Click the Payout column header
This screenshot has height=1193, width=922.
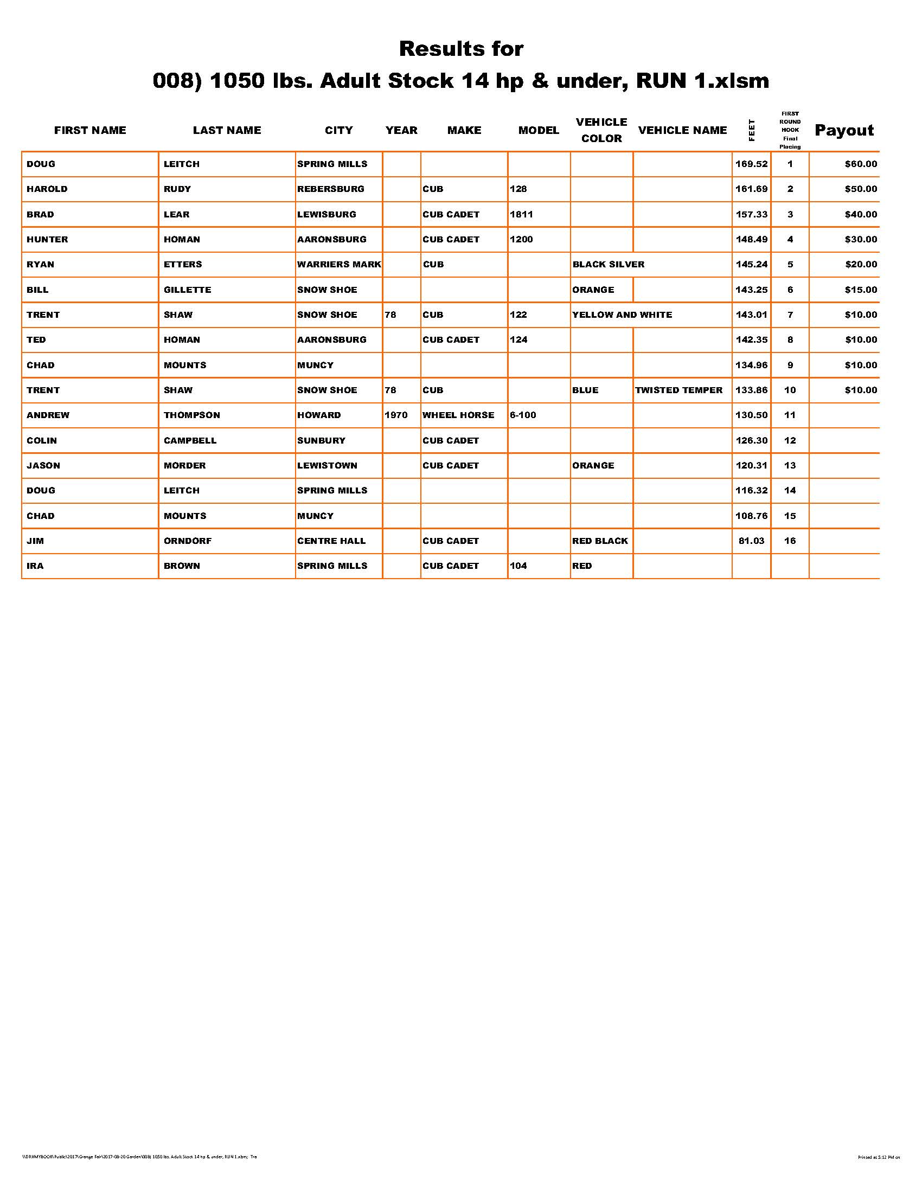(x=844, y=130)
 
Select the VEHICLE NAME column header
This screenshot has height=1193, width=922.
(x=682, y=130)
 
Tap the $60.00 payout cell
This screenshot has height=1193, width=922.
(x=860, y=164)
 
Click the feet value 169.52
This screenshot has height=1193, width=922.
(x=751, y=164)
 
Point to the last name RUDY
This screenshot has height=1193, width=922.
(x=177, y=189)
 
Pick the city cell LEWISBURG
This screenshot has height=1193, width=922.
(x=326, y=214)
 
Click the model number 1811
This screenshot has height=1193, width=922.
(x=521, y=214)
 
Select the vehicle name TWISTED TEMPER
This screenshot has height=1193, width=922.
(x=678, y=390)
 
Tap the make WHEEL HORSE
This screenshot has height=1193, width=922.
(x=458, y=415)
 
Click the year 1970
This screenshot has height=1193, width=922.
(x=395, y=415)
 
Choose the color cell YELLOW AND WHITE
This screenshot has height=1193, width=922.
(x=622, y=315)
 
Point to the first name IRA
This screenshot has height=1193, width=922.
(x=35, y=566)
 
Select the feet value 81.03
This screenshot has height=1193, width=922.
(x=751, y=541)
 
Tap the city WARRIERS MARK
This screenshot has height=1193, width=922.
(x=338, y=265)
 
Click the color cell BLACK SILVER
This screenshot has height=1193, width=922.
(x=608, y=265)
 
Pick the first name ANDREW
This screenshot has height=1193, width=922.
(x=48, y=415)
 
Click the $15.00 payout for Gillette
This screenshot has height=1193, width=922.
(x=860, y=290)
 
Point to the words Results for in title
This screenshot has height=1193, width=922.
(x=461, y=49)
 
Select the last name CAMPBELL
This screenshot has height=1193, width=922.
(x=189, y=440)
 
